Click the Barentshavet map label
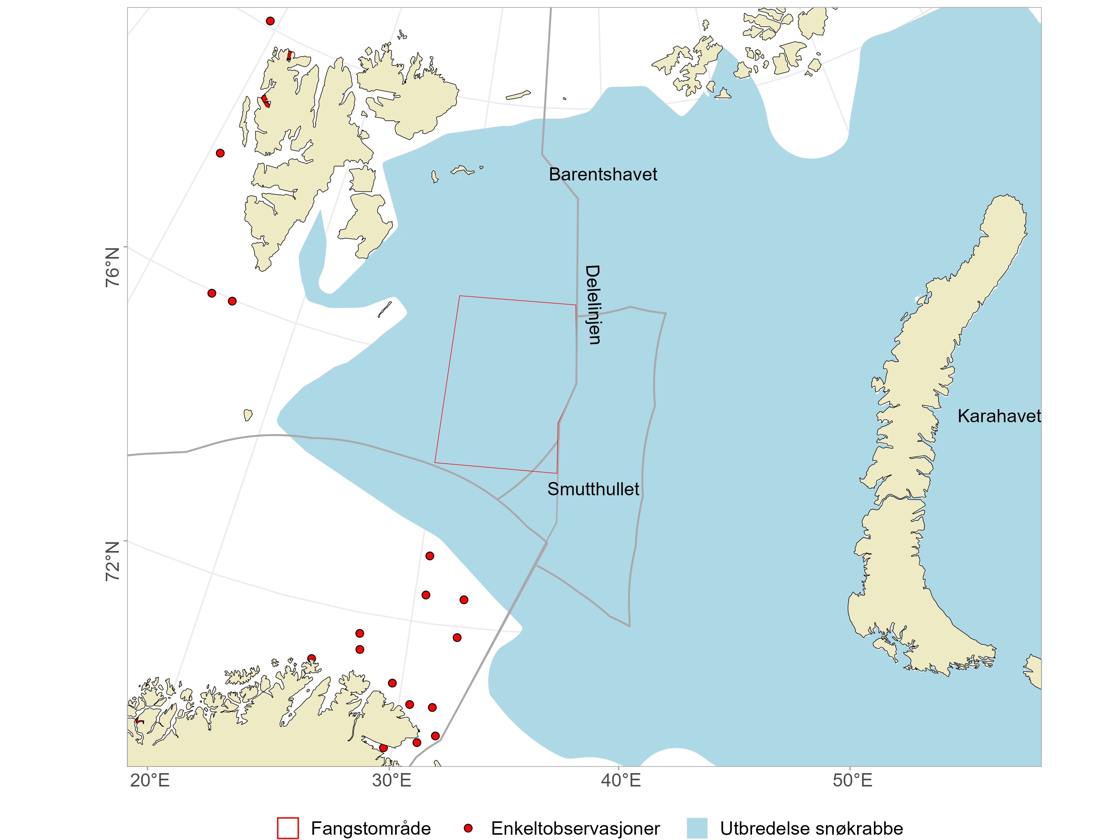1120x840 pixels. (x=603, y=175)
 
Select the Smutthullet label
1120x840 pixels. (x=593, y=489)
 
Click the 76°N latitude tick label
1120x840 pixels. (x=112, y=267)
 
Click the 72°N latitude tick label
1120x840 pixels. (x=112, y=561)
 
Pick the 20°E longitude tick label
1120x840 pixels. (x=150, y=780)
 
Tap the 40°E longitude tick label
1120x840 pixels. (x=621, y=780)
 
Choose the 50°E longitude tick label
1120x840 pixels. (x=853, y=780)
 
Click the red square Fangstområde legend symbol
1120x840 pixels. (x=287, y=828)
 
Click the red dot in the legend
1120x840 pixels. (x=468, y=828)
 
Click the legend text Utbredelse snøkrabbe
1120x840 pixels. (x=811, y=829)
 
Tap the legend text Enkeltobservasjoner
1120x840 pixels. (x=575, y=829)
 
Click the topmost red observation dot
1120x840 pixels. (x=270, y=21)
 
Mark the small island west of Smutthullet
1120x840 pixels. (x=248, y=415)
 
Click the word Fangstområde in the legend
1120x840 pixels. (x=371, y=829)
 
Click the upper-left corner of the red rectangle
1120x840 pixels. (x=460, y=296)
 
